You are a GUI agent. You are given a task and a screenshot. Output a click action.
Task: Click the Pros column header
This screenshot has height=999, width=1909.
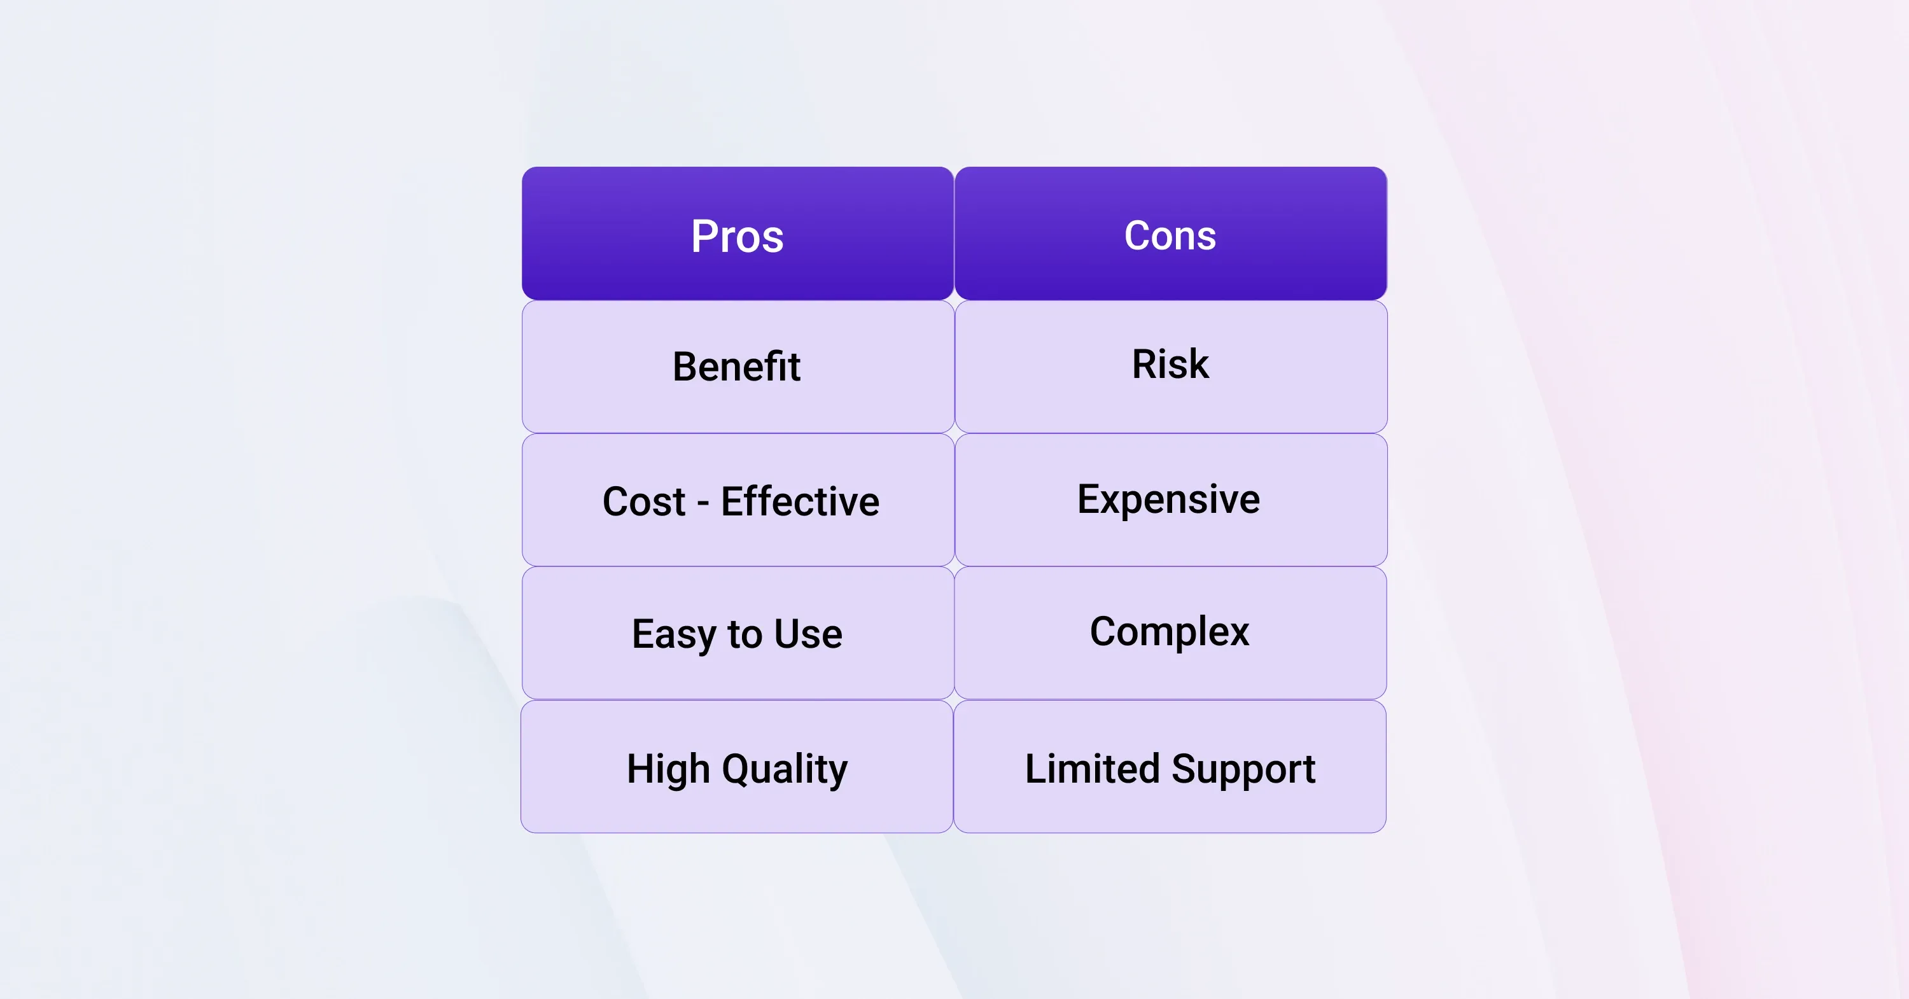click(x=738, y=234)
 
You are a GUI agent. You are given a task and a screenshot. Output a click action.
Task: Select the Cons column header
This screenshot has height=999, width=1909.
click(x=1171, y=234)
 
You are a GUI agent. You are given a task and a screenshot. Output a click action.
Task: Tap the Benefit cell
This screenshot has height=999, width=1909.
click(x=738, y=367)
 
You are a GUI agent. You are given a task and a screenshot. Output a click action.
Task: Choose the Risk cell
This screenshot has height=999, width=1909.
click(x=1171, y=367)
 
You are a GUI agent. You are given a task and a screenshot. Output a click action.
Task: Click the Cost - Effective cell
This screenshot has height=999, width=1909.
click(x=738, y=500)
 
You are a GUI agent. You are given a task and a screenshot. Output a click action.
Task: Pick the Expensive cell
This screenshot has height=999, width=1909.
click(x=1171, y=500)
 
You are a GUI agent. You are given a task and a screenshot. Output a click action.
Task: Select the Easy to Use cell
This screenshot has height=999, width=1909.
click(x=738, y=633)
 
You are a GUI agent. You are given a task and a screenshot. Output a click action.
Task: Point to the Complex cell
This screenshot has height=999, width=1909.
click(x=1170, y=633)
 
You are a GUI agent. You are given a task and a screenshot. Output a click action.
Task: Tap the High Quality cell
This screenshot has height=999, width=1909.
click(x=737, y=766)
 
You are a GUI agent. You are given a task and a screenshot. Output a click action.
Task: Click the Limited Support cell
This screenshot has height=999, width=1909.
click(x=1170, y=766)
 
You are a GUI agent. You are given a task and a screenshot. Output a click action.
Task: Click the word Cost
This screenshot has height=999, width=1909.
click(x=644, y=501)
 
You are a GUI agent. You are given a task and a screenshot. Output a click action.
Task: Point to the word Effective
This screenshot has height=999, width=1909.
click(x=801, y=501)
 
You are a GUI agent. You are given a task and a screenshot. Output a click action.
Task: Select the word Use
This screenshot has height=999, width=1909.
click(x=809, y=634)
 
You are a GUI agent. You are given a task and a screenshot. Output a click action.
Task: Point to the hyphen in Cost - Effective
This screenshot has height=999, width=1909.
click(x=703, y=505)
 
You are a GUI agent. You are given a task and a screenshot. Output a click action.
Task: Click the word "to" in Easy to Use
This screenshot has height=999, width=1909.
click(x=745, y=635)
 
